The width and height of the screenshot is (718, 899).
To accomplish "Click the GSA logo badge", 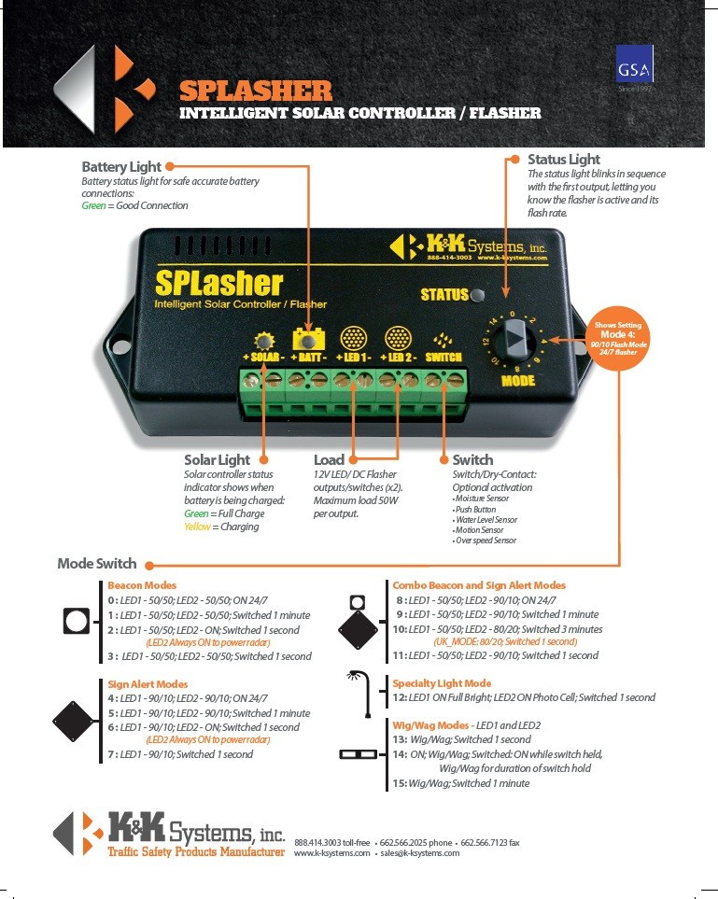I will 635,70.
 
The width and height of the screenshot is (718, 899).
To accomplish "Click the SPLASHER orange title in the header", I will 255,91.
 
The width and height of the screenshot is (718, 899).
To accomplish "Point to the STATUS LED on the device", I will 479,296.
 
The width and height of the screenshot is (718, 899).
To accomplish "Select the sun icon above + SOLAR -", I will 264,339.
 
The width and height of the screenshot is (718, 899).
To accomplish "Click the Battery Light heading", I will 121,166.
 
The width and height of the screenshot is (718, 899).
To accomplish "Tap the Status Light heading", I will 564,160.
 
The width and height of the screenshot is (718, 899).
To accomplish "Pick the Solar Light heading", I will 218,460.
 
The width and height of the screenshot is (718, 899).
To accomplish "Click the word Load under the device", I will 329,460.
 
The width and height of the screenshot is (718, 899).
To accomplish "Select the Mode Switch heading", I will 97,563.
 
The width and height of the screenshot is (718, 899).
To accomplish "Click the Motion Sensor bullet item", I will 480,530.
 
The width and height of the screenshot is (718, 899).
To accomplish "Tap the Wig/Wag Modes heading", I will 430,724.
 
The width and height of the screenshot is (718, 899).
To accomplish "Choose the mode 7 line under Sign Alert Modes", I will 180,754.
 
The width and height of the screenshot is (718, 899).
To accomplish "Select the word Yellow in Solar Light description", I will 197,527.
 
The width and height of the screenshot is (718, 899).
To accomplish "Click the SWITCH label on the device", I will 443,358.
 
